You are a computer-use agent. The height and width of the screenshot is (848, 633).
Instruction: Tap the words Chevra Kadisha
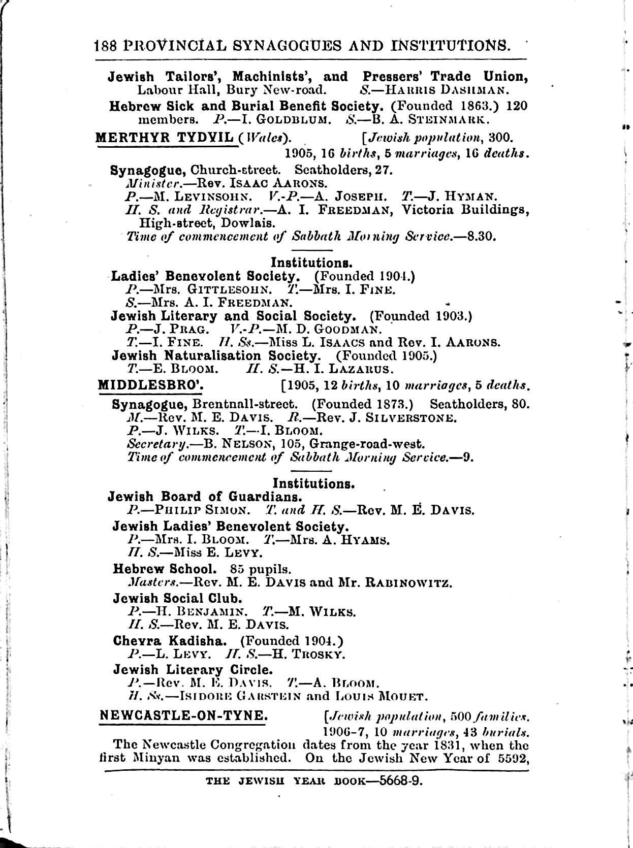[172, 641]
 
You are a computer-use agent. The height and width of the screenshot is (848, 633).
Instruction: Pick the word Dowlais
[249, 223]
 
